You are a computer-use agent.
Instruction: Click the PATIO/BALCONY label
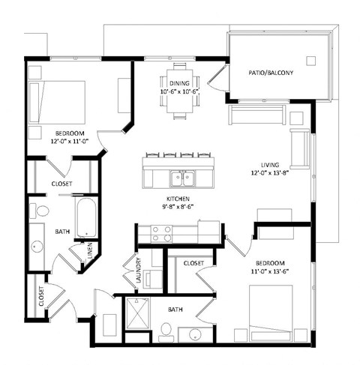coord(271,73)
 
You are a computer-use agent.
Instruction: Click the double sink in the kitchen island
coord(180,178)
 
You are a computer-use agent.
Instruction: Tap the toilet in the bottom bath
coord(166,331)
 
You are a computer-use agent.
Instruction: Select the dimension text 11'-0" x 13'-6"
coord(269,272)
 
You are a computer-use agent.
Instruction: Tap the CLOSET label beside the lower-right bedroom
coord(193,263)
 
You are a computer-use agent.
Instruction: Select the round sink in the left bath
coord(37,247)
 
